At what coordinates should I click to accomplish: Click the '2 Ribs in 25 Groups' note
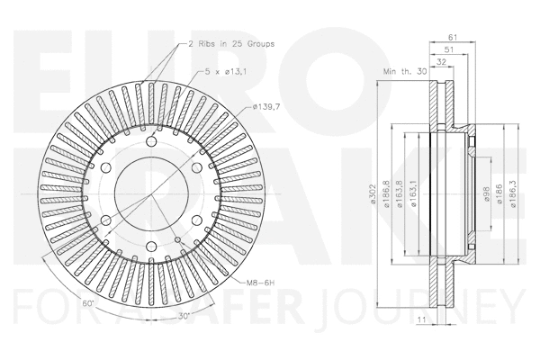231,43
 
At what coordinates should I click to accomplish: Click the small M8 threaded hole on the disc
179,239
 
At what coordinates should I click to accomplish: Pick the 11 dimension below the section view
424,318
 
